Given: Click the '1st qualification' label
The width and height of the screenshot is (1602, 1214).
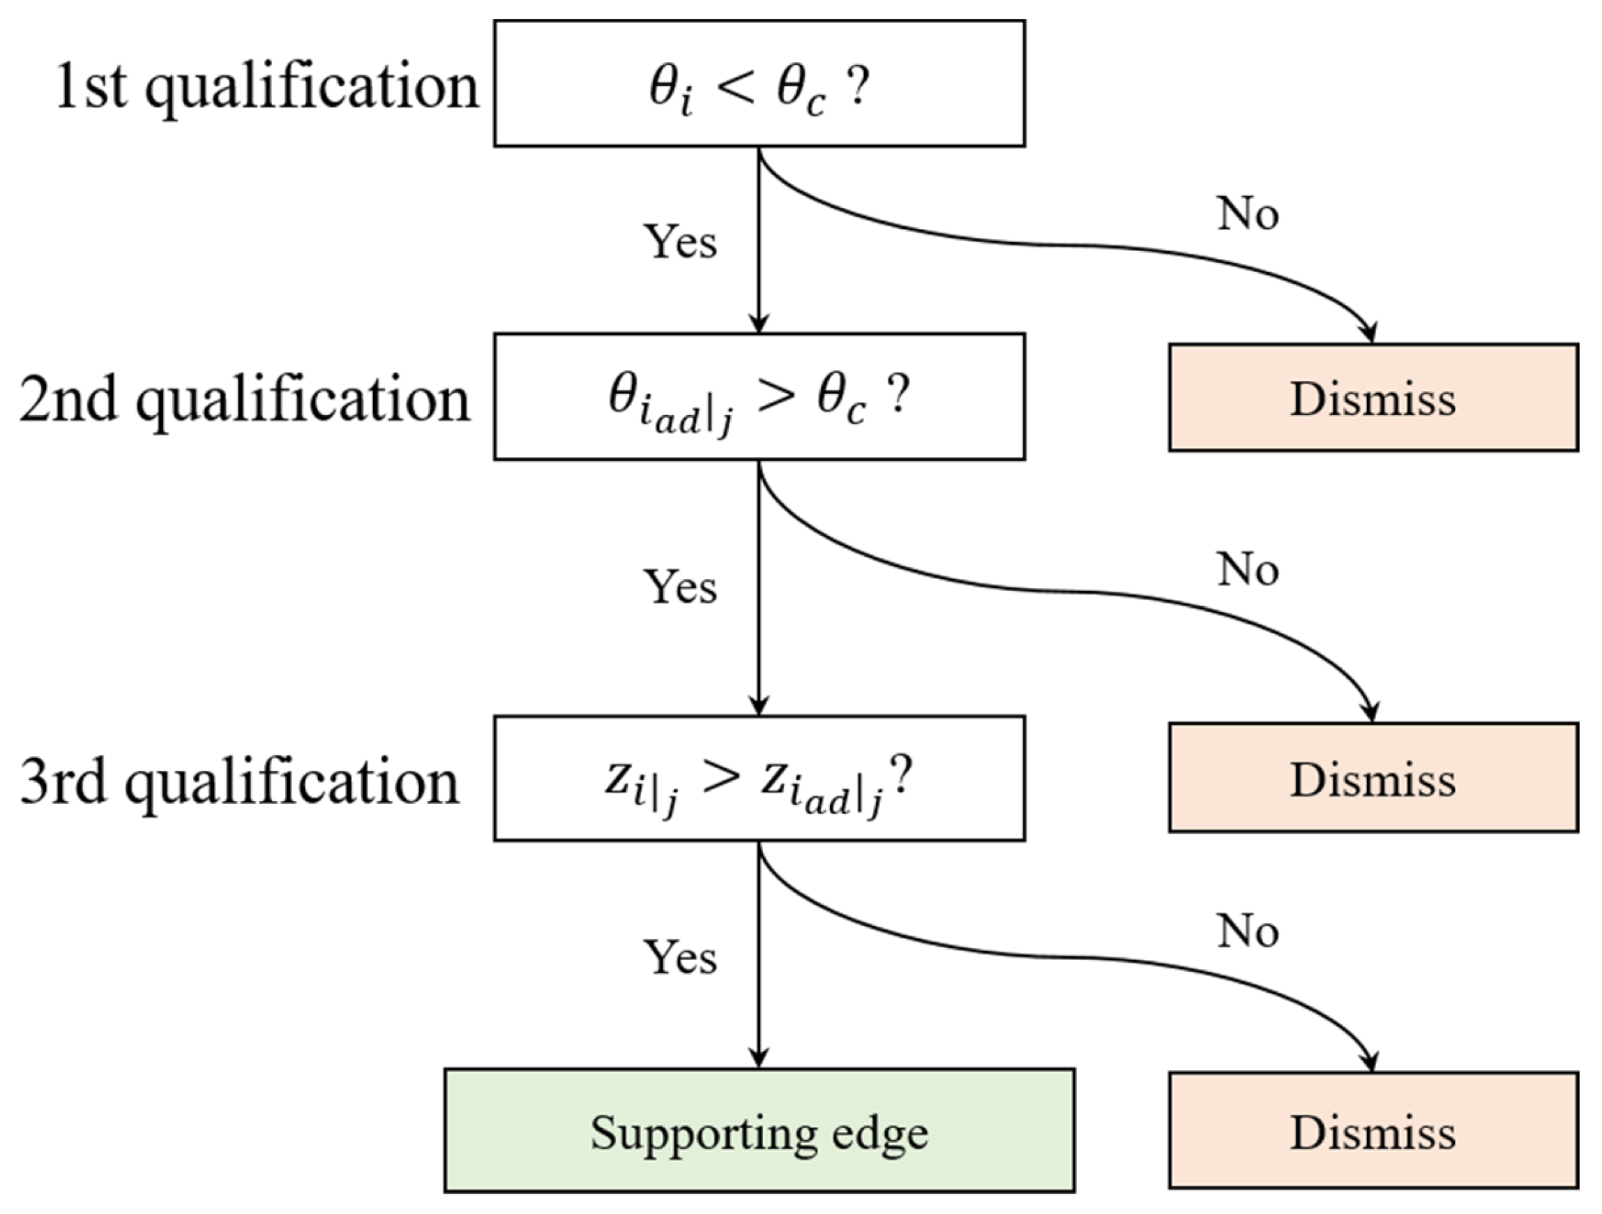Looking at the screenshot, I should (266, 87).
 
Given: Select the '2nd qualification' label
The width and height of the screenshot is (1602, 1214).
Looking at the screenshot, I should (245, 400).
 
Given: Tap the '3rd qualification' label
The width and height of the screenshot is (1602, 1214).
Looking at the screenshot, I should (240, 782).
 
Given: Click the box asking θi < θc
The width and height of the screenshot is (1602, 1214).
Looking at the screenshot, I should (759, 84).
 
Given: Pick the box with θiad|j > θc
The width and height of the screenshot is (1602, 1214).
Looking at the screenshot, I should (759, 397).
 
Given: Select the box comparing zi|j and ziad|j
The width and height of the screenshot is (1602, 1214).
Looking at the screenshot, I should (759, 779).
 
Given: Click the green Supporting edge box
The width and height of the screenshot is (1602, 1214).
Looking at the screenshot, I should (759, 1131).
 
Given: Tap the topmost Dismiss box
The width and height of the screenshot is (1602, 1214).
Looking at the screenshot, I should (1373, 398).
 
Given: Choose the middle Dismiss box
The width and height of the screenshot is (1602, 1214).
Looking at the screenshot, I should (1373, 779).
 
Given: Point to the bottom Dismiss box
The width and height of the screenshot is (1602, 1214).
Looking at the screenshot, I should (1373, 1132).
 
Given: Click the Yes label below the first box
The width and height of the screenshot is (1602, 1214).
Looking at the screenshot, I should (680, 241).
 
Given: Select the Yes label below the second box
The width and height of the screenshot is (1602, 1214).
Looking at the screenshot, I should (680, 587).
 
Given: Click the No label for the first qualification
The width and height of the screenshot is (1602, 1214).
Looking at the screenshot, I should (1248, 213).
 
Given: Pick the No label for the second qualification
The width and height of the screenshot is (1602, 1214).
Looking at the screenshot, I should (1248, 569).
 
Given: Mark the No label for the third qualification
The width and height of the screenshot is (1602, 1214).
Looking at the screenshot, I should (1248, 931).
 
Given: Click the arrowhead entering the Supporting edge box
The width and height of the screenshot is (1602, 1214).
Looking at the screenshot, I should (758, 1059).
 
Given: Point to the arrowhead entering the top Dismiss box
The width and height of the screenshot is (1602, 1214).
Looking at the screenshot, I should (1370, 334).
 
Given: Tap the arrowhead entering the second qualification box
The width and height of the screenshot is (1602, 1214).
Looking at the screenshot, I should (758, 323).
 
